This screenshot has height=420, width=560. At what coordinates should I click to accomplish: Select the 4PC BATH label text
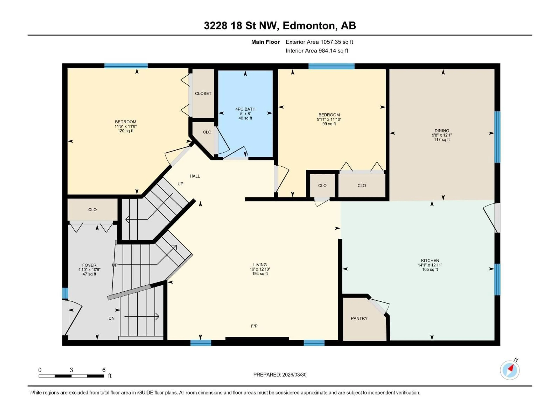pos(245,109)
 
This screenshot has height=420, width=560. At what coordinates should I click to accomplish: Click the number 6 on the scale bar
pos(104,370)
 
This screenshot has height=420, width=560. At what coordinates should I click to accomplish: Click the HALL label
pos(195,176)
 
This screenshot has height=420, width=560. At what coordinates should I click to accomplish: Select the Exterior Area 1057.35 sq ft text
pos(319,42)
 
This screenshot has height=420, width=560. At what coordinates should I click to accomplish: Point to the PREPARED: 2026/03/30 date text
pos(280,375)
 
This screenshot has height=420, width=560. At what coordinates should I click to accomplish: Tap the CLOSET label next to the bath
pos(203,93)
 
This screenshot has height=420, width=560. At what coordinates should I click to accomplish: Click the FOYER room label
pos(89,265)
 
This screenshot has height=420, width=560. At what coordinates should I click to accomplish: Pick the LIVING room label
pos(260,265)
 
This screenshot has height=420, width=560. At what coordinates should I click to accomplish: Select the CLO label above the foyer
pos(92,210)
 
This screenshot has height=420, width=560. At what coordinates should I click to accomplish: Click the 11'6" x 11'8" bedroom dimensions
pos(126,126)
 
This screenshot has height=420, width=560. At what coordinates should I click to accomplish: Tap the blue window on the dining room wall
pos(497,137)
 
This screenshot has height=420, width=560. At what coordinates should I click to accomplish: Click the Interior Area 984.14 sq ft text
pos(317,51)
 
